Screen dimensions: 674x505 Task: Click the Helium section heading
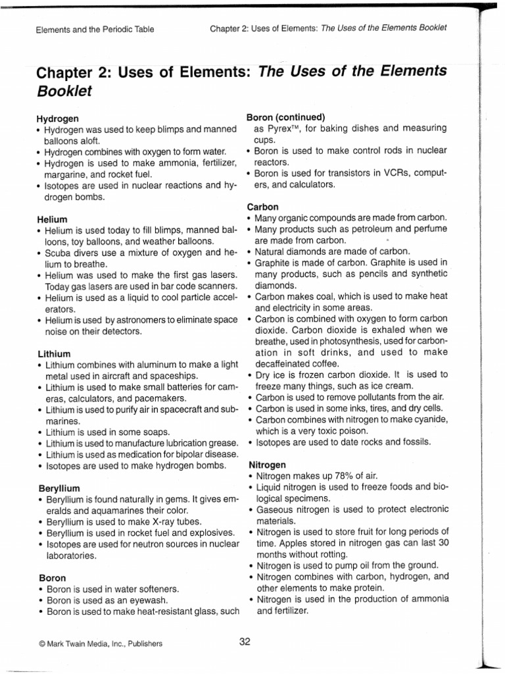pyautogui.click(x=53, y=218)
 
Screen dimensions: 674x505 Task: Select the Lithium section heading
pyautogui.click(x=54, y=353)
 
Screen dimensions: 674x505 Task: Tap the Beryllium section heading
pyautogui.click(x=59, y=489)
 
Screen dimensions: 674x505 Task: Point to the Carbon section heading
pyautogui.click(x=262, y=206)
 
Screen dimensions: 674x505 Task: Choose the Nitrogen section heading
pyautogui.click(x=266, y=464)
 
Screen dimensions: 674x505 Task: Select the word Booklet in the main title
pyautogui.click(x=64, y=91)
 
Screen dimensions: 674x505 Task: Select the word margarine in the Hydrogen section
pyautogui.click(x=66, y=174)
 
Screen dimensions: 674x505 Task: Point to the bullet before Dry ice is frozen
pyautogui.click(x=250, y=375)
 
